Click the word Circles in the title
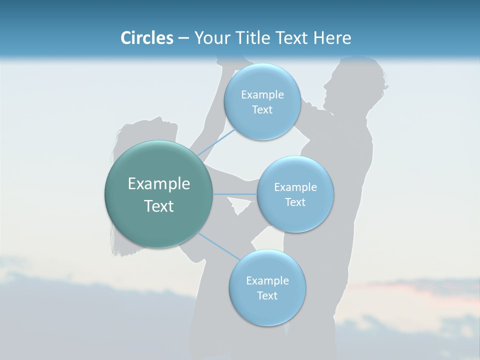coord(146,38)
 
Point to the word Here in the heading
coord(332,38)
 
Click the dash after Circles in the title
coord(183,38)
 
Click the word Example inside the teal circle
coord(159,184)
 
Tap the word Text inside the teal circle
coord(159,206)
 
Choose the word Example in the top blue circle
coord(262,95)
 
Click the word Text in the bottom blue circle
coord(267,295)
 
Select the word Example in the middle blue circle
coord(295,187)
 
